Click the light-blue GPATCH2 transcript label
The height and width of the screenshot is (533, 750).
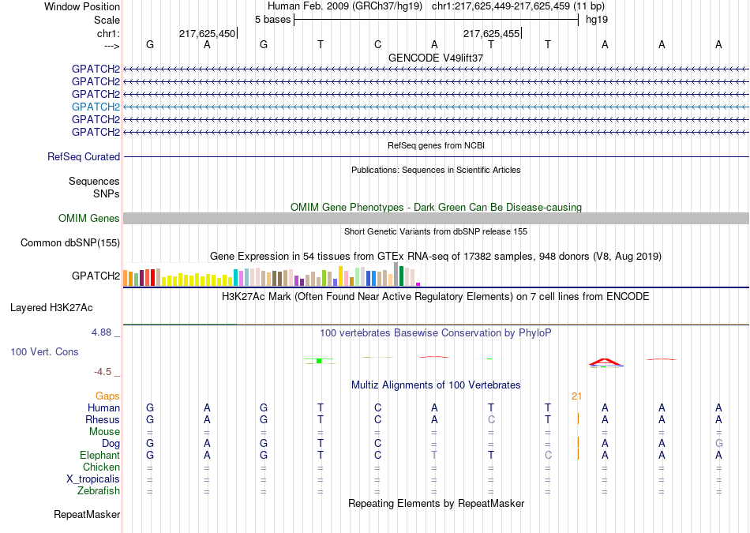pos(96,107)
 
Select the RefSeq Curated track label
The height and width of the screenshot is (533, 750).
pos(84,157)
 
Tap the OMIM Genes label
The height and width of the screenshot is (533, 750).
pos(89,218)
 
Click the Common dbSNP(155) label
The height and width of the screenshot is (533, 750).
pos(70,243)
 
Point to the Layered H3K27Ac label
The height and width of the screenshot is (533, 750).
pos(51,308)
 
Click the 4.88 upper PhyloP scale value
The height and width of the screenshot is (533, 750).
pos(101,332)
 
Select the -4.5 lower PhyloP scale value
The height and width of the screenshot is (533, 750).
pos(103,372)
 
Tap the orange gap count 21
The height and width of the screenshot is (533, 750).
pos(576,396)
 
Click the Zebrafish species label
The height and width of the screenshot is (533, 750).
pos(99,491)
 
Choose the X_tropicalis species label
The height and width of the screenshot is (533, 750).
pos(93,479)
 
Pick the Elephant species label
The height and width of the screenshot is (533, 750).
pos(100,455)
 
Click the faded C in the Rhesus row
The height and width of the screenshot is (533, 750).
pos(491,419)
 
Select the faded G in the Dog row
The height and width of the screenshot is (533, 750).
pos(719,444)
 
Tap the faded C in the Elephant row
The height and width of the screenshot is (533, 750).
pos(548,455)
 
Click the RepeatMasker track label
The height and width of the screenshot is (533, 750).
pos(87,515)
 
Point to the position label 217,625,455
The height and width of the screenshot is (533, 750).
pos(491,33)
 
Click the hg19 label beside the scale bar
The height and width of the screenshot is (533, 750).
pos(597,20)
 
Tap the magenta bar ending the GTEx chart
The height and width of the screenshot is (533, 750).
pos(418,284)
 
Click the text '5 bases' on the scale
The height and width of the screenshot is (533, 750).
pos(272,20)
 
